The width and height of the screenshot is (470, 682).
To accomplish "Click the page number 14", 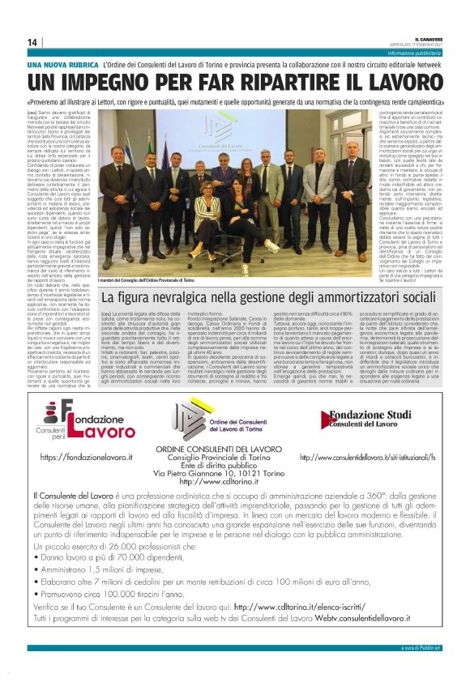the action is click(32, 42).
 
